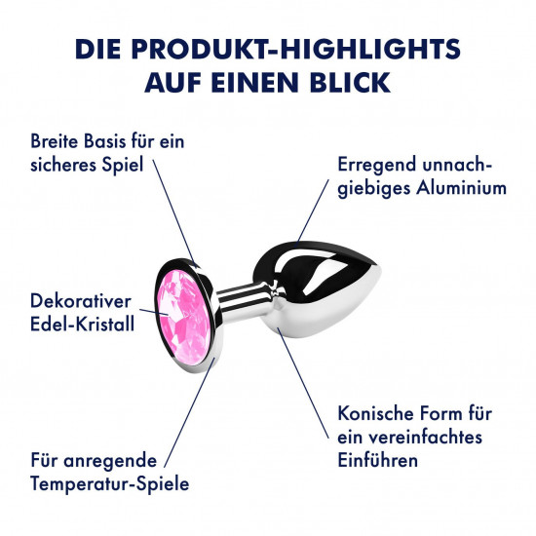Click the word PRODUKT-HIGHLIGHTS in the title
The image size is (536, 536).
(296, 49)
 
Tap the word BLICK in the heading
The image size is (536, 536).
(350, 83)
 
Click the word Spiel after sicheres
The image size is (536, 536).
(122, 166)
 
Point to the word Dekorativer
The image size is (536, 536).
(81, 301)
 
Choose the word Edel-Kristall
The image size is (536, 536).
(83, 325)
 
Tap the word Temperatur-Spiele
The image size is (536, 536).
(110, 484)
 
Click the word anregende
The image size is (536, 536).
(110, 461)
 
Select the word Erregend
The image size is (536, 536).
(377, 166)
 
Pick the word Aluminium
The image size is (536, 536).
(461, 188)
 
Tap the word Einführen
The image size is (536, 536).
(378, 460)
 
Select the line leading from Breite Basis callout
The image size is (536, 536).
(174, 211)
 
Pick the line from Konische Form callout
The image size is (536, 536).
(303, 383)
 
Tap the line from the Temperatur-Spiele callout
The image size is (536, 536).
(190, 412)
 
